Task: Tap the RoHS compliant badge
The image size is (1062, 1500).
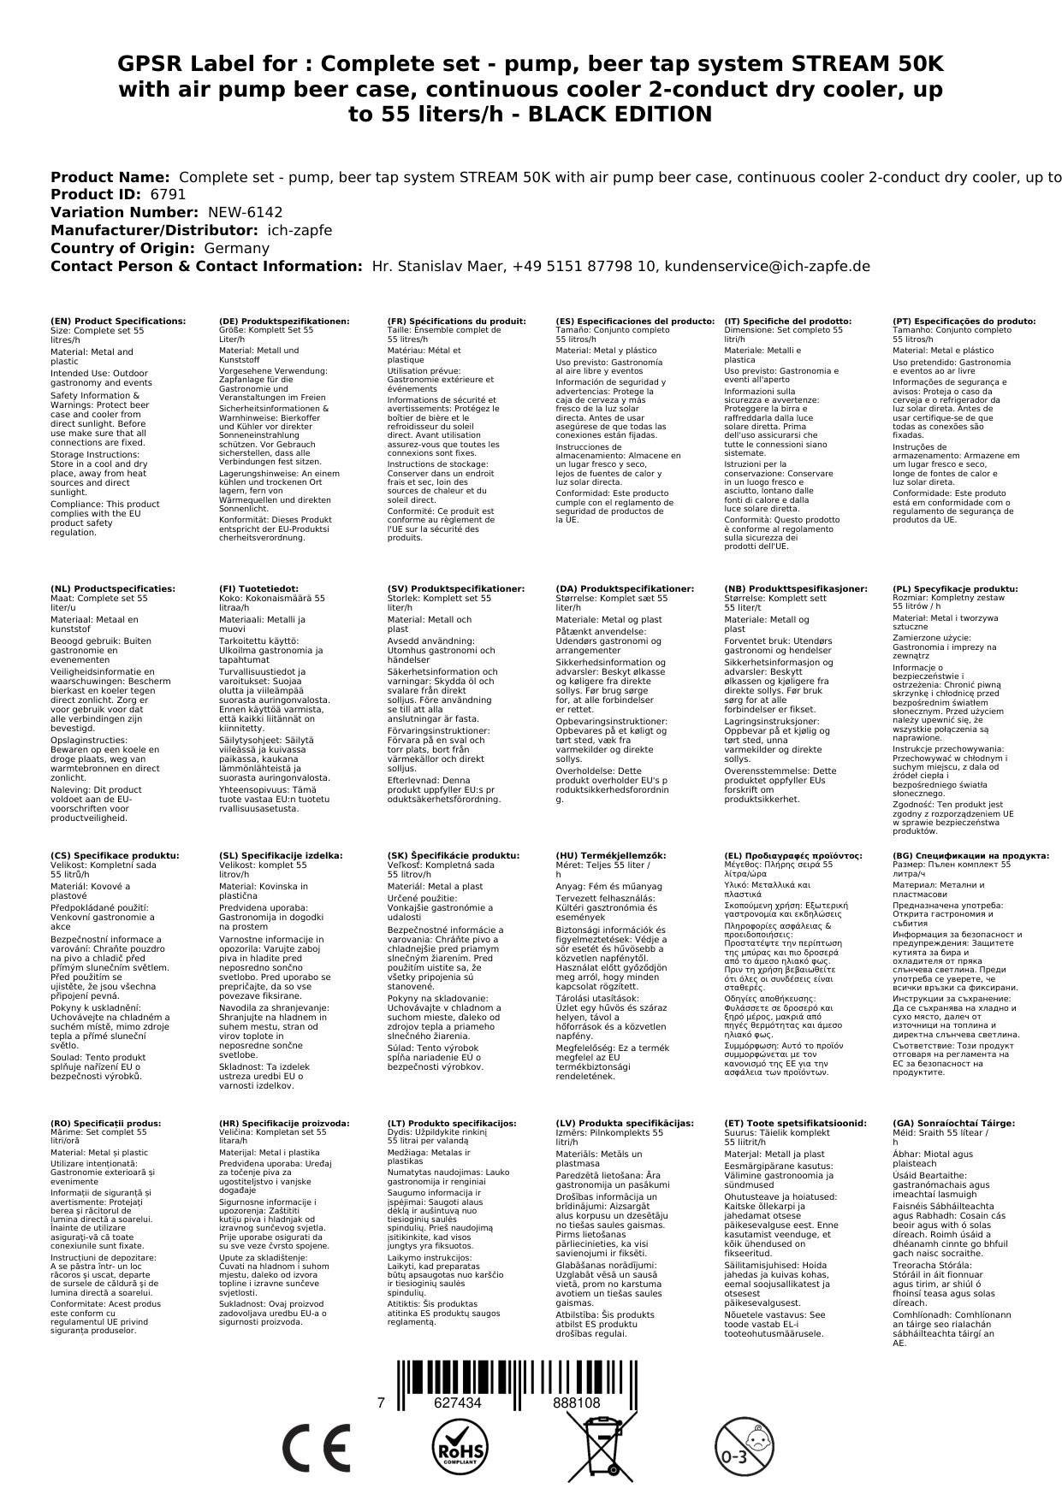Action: (x=459, y=1447)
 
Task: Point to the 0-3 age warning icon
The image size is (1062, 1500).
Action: (x=743, y=1447)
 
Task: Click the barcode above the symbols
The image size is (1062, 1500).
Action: (x=516, y=1369)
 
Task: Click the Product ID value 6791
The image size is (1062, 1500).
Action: (x=168, y=194)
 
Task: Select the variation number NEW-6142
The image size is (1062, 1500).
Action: (x=245, y=212)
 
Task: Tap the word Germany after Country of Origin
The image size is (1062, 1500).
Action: (x=236, y=248)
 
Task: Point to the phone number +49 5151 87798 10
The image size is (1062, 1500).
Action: (x=584, y=266)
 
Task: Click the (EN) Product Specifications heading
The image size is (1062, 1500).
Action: (x=118, y=322)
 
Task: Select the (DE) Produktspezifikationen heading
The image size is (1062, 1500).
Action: (x=284, y=322)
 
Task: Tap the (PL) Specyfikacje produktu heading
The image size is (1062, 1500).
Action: (x=955, y=589)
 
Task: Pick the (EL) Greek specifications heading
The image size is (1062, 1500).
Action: (x=793, y=855)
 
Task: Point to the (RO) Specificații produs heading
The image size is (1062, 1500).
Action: (x=105, y=1123)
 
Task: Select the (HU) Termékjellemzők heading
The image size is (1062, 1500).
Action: (x=610, y=855)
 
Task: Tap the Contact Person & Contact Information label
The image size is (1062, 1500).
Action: (x=206, y=266)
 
